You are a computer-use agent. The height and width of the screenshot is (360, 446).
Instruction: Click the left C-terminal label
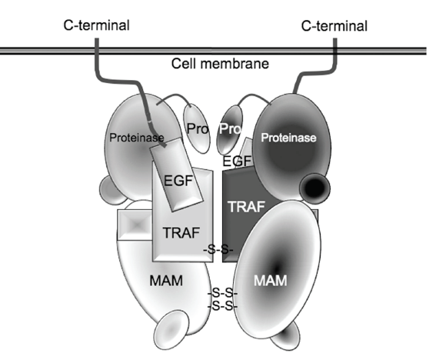point(96,25)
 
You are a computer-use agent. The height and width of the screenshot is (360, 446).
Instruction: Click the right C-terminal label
point(334,26)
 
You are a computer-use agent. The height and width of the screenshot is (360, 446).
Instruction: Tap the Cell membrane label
point(220,64)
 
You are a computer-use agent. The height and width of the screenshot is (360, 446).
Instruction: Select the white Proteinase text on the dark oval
point(288,138)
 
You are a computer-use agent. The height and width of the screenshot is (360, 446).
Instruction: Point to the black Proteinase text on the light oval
point(137,138)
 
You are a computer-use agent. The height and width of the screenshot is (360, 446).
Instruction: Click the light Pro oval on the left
point(197,128)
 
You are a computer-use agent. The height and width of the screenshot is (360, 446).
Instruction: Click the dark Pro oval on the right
point(230,130)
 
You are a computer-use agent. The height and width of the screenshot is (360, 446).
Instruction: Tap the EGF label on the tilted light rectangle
point(178,181)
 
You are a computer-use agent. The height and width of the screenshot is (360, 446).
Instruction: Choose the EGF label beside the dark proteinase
point(237,161)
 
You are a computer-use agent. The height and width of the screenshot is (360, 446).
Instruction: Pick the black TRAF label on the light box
point(181,232)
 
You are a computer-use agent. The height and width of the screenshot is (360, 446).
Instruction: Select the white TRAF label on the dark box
point(246,207)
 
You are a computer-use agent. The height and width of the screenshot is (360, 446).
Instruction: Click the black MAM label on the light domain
point(166,281)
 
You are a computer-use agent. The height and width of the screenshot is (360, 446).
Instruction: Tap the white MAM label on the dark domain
point(270,281)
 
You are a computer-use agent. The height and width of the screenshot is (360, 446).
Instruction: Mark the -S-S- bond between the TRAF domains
point(218,249)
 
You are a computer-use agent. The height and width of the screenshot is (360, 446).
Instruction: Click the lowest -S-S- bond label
point(222,306)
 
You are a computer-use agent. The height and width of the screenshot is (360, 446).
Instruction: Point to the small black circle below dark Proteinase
point(315,188)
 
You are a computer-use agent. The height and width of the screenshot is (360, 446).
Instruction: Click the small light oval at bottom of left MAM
point(171,330)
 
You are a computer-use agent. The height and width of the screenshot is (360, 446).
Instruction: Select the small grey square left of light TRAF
point(135,225)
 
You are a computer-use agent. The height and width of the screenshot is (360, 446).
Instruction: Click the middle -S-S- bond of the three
point(222,292)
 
